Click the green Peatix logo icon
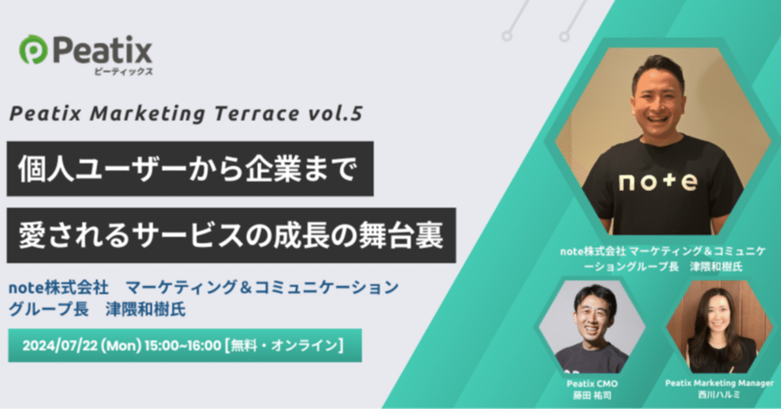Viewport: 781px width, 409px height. (x=31, y=49)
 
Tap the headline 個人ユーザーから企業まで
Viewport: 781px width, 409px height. (x=189, y=169)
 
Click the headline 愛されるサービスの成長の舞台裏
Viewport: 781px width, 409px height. (x=231, y=235)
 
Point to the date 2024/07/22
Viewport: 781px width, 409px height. (x=60, y=345)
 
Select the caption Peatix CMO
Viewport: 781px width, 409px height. (x=593, y=384)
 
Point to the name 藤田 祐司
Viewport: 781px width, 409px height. (x=593, y=395)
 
